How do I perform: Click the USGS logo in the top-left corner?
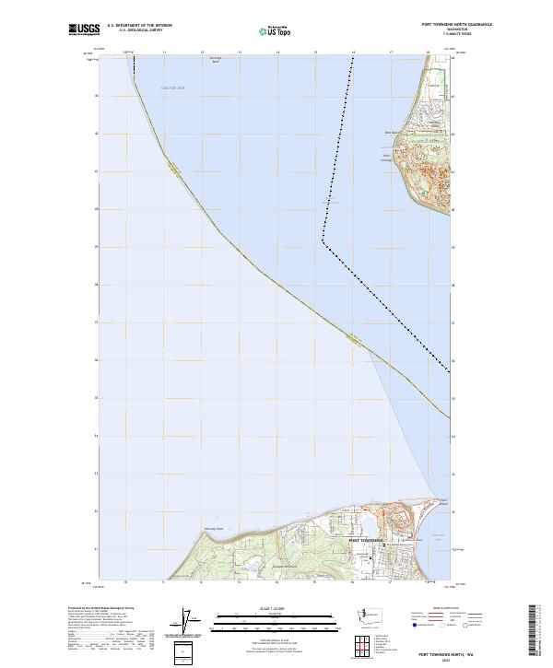tap(84, 29)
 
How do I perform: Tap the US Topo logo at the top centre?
tap(276, 30)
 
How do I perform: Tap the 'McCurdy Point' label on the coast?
tap(214, 529)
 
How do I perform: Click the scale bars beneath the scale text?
tap(276, 622)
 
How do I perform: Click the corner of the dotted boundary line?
tap(324, 241)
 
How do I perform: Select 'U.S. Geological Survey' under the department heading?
tap(141, 30)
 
